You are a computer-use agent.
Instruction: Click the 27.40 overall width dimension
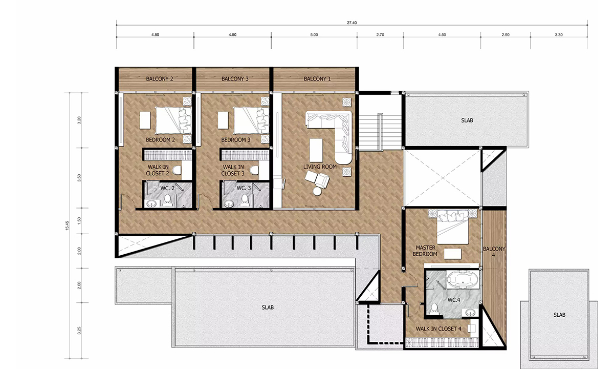(x=352, y=23)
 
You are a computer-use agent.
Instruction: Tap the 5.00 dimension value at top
(x=314, y=35)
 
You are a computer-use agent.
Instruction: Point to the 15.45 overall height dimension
(x=67, y=225)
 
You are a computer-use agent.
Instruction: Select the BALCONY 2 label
(x=160, y=79)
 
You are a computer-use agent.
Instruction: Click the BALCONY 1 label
(x=317, y=79)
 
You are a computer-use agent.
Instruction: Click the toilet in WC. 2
(x=167, y=200)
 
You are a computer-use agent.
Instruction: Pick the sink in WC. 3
(x=229, y=203)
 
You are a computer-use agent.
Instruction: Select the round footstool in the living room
(x=317, y=191)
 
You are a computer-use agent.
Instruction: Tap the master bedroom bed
(x=452, y=227)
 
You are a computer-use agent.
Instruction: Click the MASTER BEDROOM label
(x=425, y=251)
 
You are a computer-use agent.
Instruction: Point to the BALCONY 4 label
(x=494, y=252)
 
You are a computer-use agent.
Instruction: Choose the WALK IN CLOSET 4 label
(x=438, y=329)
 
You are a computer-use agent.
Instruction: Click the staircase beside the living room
(x=381, y=132)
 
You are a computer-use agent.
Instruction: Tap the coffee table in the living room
(x=316, y=150)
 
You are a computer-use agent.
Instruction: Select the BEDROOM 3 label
(x=236, y=140)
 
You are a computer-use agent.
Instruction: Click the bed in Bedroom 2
(x=173, y=120)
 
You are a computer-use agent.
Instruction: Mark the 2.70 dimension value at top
(x=380, y=35)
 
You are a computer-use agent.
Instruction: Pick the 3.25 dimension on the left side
(x=79, y=330)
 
